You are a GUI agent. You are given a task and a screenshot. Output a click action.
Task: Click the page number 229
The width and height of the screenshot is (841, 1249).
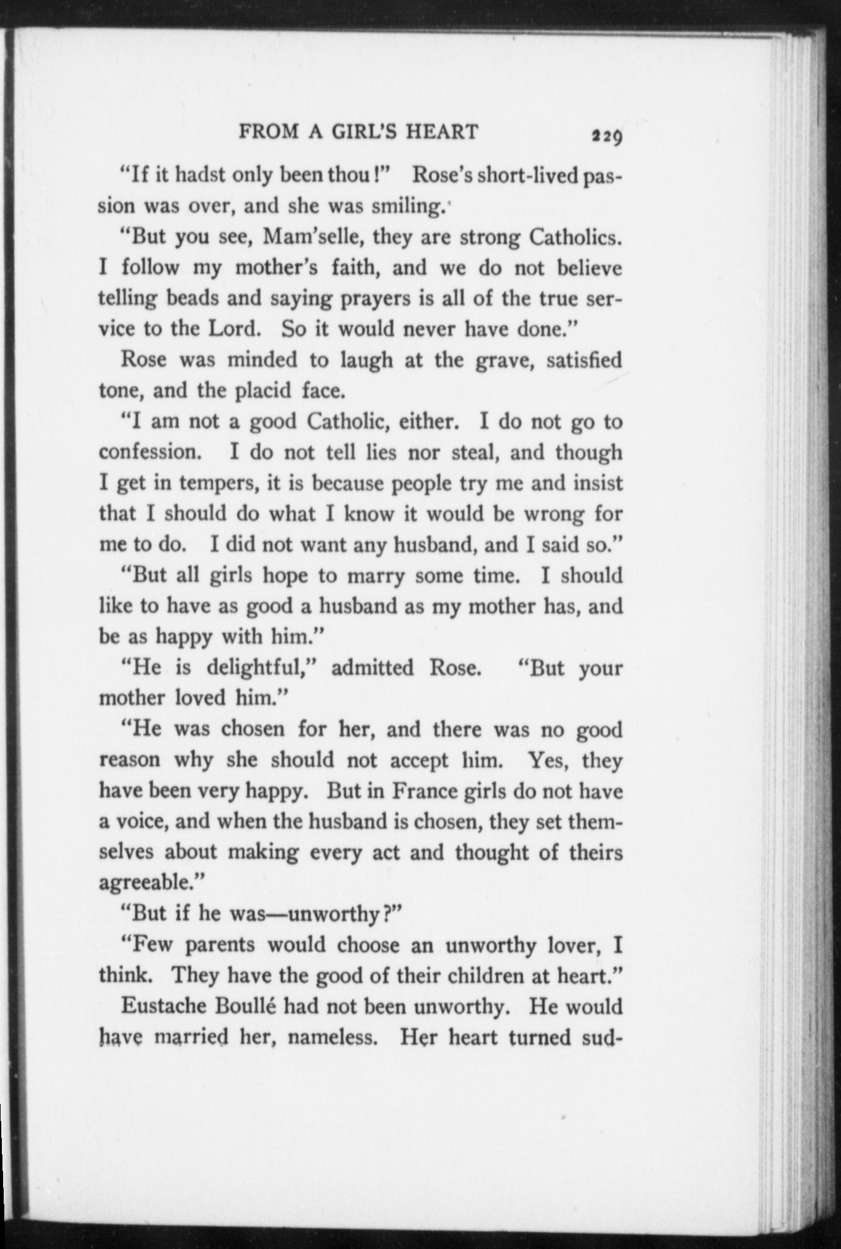606,135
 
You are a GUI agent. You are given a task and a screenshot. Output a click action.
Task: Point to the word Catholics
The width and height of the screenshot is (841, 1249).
575,237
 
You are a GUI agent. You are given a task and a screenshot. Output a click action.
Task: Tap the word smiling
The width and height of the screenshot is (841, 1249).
407,207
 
